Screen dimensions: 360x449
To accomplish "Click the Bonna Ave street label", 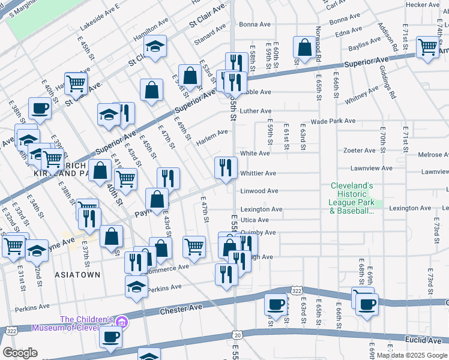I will point(255,25).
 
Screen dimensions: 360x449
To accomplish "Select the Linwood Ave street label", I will point(259,191).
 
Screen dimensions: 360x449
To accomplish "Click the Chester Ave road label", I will point(179,311).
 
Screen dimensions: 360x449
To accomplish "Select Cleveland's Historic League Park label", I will point(352,198).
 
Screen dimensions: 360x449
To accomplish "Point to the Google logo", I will point(20,353).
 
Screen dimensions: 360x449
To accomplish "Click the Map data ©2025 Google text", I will point(411,355).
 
